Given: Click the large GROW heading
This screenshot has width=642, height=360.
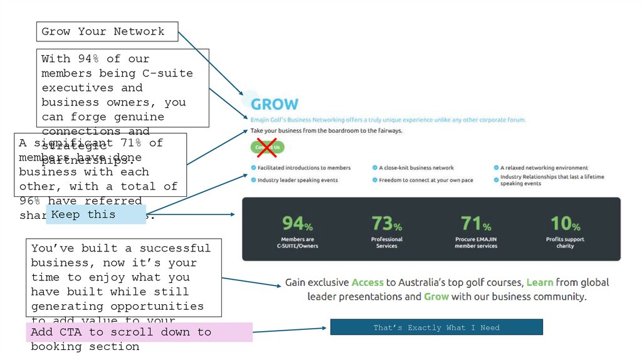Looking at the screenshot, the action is click(275, 104).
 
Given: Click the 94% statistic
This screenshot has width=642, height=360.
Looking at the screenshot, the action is click(297, 223).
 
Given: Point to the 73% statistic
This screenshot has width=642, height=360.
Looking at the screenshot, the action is click(387, 223).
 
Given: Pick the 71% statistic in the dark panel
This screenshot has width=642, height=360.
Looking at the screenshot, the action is click(476, 223).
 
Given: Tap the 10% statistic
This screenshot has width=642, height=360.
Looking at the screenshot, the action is click(565, 223).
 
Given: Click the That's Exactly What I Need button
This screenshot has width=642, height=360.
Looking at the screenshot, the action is click(436, 327).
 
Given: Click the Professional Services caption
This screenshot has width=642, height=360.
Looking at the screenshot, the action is click(387, 243).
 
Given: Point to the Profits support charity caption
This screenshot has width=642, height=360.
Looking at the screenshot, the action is click(565, 243).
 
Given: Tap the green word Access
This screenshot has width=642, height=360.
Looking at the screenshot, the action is click(367, 283).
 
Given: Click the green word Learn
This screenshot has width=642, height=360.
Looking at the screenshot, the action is click(539, 283).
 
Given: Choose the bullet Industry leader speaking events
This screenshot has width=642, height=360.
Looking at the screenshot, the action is click(297, 181).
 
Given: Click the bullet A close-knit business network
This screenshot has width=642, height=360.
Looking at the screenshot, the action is click(416, 168).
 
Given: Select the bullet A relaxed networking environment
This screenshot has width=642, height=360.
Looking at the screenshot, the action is click(544, 168).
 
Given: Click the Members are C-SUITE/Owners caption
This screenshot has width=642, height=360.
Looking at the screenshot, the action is click(297, 243).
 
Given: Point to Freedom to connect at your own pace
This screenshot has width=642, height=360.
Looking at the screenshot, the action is click(426, 181).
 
